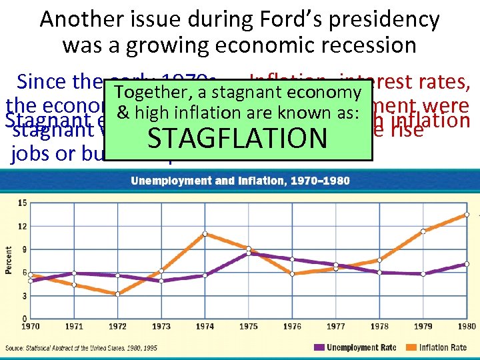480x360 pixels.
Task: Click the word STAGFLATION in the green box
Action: tap(237, 138)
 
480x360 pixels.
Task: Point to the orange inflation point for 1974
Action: tap(205, 233)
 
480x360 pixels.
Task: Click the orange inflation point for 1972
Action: tap(117, 294)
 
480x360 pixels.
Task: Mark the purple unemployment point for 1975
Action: tap(248, 253)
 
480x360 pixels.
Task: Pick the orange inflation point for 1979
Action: tap(423, 231)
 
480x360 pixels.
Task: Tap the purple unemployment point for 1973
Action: tap(161, 281)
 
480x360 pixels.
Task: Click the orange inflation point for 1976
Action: tap(292, 274)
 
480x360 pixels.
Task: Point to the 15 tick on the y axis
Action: tap(23, 203)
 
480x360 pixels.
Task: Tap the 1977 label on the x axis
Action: tap(336, 327)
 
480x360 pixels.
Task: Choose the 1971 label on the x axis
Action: tap(74, 327)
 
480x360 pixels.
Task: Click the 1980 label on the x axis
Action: tap(467, 327)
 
